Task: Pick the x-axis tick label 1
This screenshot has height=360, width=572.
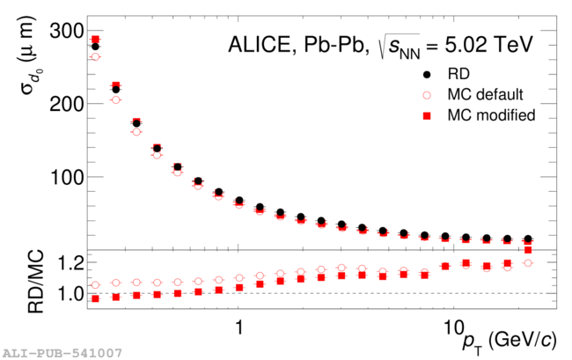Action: pos(239,325)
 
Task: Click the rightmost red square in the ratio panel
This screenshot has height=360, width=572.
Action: pos(528,250)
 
